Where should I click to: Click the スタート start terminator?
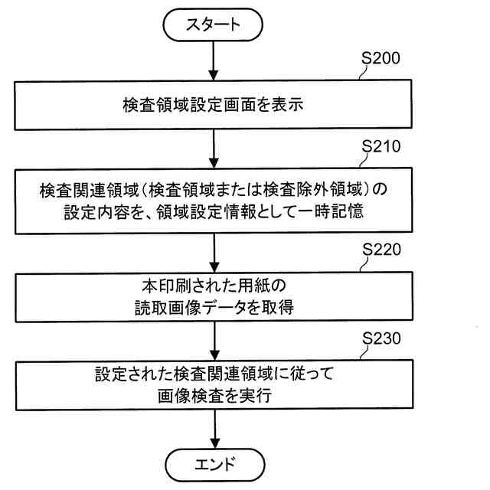pos(213,24)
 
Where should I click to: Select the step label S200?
pos(387,58)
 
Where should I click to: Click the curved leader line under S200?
pos(363,75)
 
